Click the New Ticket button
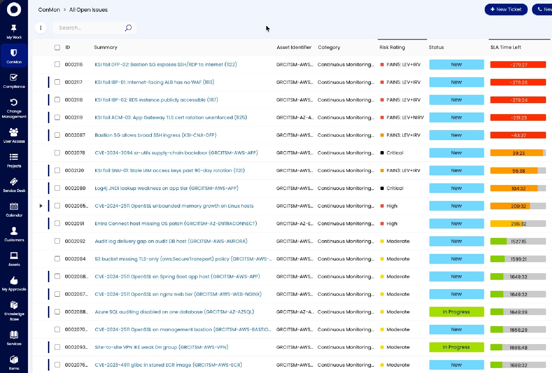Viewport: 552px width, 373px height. click(506, 9)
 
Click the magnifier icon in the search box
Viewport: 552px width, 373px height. click(128, 28)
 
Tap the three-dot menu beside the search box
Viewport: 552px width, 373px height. click(41, 28)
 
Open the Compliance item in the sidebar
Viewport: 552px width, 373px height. click(14, 81)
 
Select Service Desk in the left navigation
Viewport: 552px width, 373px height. click(14, 185)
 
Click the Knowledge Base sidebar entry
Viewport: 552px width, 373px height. click(14, 311)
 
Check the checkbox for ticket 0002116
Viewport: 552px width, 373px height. click(57, 64)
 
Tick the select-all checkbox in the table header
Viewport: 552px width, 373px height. click(57, 47)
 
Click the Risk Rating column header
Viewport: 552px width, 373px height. click(392, 47)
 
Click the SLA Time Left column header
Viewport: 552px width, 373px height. click(506, 47)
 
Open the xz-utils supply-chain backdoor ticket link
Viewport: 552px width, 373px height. click(176, 153)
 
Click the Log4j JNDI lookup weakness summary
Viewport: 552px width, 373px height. click(167, 188)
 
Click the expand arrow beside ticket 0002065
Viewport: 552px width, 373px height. click(41, 206)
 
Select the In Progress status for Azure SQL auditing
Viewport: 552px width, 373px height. click(456, 312)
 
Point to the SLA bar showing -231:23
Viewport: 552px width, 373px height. click(518, 118)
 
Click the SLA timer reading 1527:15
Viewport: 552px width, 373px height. click(518, 241)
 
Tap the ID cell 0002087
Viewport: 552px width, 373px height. click(75, 135)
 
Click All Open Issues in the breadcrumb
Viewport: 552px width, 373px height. click(88, 10)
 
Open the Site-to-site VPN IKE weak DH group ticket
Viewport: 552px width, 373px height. click(162, 347)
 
